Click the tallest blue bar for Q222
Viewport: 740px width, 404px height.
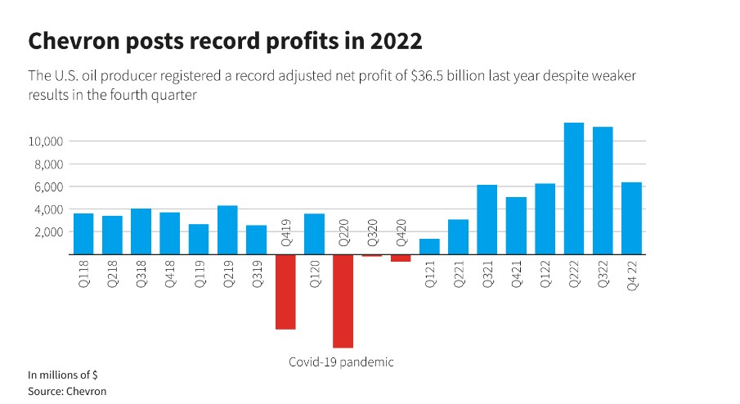[573, 188]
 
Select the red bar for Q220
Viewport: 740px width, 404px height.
[343, 301]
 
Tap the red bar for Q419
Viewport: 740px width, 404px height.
[285, 292]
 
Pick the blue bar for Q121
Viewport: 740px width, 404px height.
[429, 246]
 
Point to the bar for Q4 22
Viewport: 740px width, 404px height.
[631, 218]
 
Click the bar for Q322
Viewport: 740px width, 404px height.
[603, 191]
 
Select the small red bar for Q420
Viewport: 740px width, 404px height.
[401, 258]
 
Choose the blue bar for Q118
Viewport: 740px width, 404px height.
[83, 234]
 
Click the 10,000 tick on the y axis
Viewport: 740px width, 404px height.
[46, 141]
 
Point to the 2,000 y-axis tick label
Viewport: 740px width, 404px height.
[48, 232]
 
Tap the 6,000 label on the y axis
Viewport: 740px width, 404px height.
[48, 187]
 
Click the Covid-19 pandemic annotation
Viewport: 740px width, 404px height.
[341, 361]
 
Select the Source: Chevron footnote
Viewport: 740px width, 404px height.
[67, 391]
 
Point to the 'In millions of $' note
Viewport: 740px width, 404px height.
[63, 375]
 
